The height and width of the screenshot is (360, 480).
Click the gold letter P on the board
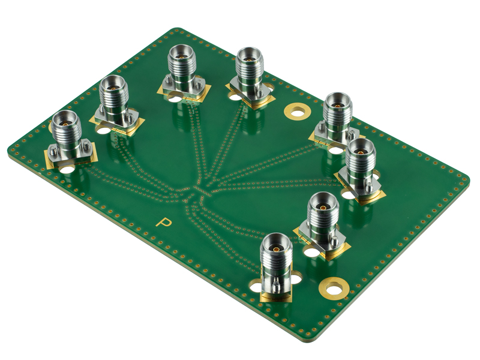(x=164, y=222)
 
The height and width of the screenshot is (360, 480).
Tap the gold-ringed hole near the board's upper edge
(x=297, y=111)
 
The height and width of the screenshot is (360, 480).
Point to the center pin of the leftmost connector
(x=65, y=124)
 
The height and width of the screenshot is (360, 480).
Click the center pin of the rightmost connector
(x=360, y=151)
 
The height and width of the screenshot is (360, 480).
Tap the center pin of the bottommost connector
(x=276, y=248)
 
